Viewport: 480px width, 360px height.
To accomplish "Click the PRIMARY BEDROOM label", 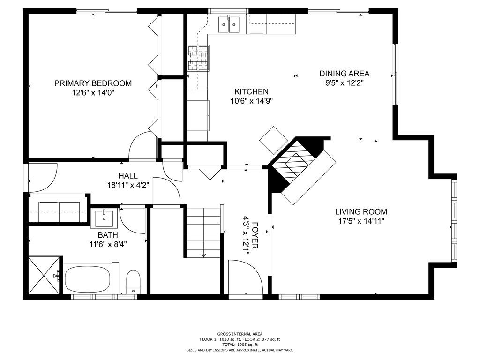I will point(93,83).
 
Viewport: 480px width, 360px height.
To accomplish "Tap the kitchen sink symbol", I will point(229,25).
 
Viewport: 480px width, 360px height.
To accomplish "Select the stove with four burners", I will point(198,58).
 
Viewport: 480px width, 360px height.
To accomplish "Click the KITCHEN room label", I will point(251,92).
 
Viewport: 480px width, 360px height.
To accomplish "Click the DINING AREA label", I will point(345,74).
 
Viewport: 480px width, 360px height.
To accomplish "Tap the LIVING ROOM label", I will point(361,212).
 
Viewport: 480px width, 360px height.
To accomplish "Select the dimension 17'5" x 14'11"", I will point(361,221).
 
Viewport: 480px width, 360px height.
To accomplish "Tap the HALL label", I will point(128,176).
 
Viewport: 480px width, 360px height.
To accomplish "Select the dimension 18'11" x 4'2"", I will point(128,185).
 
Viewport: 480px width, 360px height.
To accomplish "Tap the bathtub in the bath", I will point(88,278).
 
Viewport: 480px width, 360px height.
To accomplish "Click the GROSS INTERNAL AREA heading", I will point(240,333).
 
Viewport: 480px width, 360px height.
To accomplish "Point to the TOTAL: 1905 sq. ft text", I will point(240,344).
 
